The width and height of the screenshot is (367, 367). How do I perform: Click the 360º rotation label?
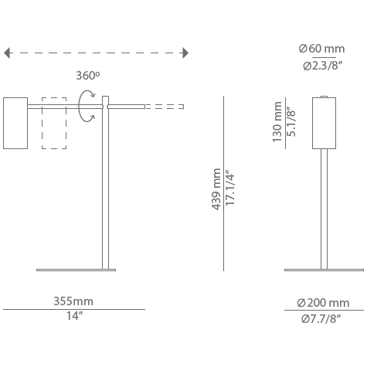click(x=87, y=76)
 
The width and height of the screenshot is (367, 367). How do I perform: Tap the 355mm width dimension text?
click(x=73, y=301)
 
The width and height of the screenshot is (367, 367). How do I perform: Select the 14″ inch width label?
click(x=73, y=318)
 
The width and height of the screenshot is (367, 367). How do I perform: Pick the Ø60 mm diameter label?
click(x=321, y=49)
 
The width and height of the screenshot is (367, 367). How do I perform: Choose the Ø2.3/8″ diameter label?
click(x=321, y=66)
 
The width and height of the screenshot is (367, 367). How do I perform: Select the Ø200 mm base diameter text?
click(x=323, y=302)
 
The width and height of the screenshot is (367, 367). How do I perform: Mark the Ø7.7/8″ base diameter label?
click(x=323, y=318)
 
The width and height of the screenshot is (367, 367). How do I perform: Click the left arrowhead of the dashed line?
click(x=8, y=53)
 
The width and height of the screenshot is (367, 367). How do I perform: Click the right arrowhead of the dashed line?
click(x=185, y=53)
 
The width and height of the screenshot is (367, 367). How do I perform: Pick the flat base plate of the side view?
click(x=76, y=270)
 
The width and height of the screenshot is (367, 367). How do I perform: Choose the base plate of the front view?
click(x=324, y=270)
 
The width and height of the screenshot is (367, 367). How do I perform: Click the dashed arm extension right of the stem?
click(x=165, y=107)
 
